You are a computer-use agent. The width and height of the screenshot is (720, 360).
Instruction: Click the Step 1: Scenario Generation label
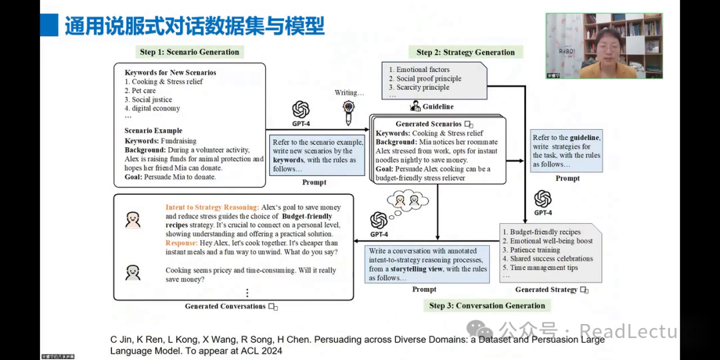[x=189, y=52]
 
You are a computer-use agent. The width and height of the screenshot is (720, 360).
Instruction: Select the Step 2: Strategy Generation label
[x=465, y=52]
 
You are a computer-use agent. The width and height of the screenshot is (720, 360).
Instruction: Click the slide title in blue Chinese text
[x=194, y=25]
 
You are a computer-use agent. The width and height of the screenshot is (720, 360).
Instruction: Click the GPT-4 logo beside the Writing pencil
[x=301, y=110]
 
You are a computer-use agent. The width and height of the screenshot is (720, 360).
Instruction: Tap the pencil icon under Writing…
[x=348, y=113]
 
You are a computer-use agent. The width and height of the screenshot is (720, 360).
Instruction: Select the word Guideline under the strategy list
[x=437, y=107]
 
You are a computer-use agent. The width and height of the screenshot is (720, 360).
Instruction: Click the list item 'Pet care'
[x=143, y=91]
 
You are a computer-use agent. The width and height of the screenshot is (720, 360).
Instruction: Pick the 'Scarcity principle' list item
[x=425, y=87]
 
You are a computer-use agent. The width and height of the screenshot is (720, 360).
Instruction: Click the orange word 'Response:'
[x=181, y=243]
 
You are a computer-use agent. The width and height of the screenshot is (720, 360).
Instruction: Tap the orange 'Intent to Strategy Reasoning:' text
[x=212, y=207]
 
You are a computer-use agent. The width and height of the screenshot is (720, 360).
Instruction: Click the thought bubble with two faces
[x=405, y=199]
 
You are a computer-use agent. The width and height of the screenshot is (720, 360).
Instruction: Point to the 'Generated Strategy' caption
[x=546, y=289]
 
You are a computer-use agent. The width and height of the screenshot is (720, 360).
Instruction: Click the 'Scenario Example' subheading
[x=153, y=131]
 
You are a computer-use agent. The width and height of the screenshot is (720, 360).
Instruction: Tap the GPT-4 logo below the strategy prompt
[x=543, y=199]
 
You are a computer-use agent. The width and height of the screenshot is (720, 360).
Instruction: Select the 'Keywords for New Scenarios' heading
[x=170, y=73]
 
